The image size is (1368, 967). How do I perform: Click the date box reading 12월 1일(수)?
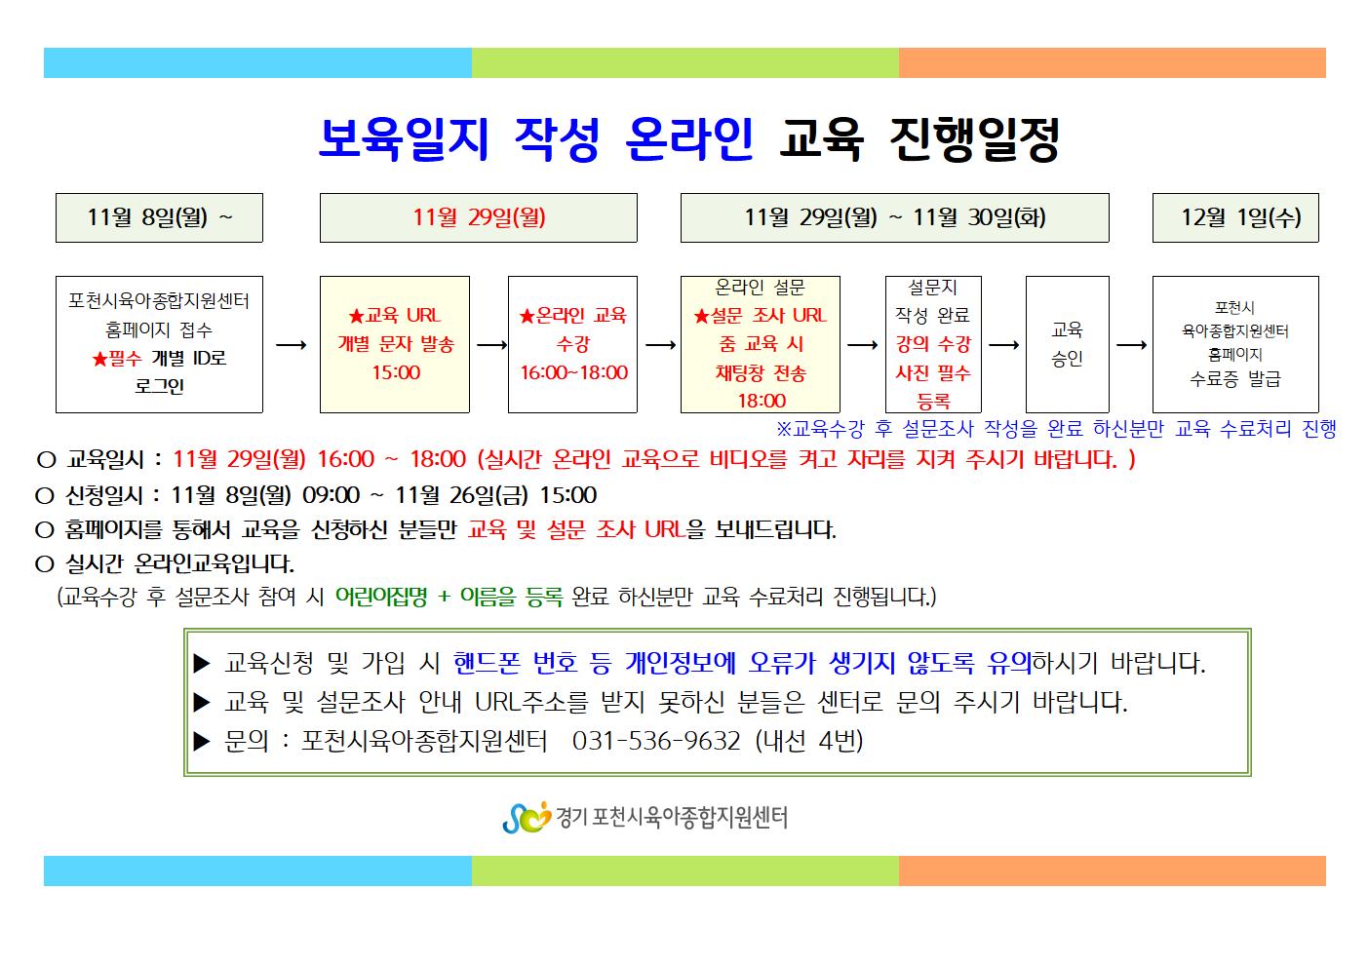(1234, 218)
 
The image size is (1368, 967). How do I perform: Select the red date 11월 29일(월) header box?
(478, 218)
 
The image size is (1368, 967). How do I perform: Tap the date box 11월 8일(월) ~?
(159, 218)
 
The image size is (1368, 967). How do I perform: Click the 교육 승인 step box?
(1067, 344)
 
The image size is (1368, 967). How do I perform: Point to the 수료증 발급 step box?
(1234, 344)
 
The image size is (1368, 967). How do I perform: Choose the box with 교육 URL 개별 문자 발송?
(395, 344)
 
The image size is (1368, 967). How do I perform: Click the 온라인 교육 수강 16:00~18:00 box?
(572, 344)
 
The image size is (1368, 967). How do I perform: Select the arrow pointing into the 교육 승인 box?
(1003, 345)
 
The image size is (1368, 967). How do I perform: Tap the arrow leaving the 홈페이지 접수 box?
(292, 345)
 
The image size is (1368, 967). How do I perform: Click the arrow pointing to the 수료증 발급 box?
(1131, 345)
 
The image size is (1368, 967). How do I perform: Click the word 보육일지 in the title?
(404, 139)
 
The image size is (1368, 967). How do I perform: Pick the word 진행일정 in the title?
(974, 139)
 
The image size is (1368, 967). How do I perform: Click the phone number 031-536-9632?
(656, 741)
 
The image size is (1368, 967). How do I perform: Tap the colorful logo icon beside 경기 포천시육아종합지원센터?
(526, 818)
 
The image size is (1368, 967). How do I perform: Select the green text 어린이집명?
(381, 597)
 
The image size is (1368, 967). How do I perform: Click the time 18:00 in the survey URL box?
(762, 401)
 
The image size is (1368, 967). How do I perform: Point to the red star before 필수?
(99, 359)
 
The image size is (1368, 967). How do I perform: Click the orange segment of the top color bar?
(1112, 63)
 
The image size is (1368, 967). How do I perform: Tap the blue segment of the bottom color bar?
(257, 870)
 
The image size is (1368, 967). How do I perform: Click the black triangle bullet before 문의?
(202, 742)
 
